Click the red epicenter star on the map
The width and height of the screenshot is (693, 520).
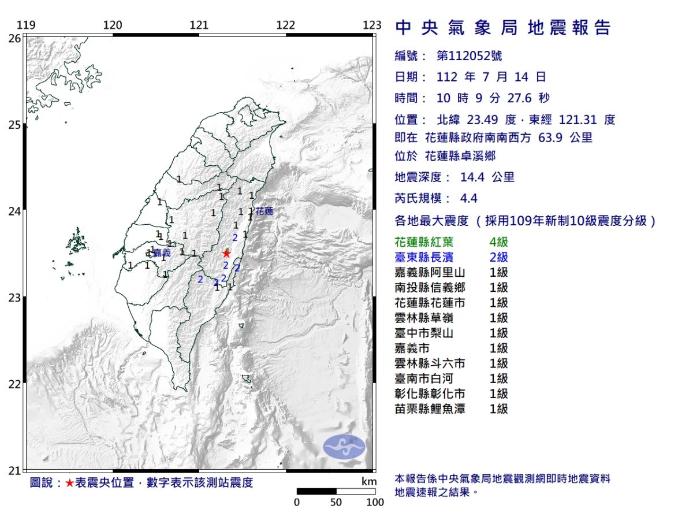coord(226,253)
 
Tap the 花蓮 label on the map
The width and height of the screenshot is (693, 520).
coord(264,211)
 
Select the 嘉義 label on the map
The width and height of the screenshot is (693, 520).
coord(162,252)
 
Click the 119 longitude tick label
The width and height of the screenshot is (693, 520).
coord(26,25)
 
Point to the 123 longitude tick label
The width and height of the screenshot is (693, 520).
coord(372,25)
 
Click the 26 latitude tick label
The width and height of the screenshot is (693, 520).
coord(15,38)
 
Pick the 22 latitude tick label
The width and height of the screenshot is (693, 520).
coord(15,384)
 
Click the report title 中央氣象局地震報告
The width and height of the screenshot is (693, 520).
coord(502,28)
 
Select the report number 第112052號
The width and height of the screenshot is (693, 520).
coord(469,56)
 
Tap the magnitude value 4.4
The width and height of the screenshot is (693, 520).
coord(468,198)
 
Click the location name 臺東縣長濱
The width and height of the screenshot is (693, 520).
coord(430,257)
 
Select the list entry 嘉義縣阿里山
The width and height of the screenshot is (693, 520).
coord(430,272)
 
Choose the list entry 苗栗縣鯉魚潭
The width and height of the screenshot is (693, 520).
coord(430,409)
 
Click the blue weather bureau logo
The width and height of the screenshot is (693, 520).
coord(344,447)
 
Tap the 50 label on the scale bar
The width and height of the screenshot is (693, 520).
coord(336,502)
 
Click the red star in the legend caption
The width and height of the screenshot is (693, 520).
coord(69,483)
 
